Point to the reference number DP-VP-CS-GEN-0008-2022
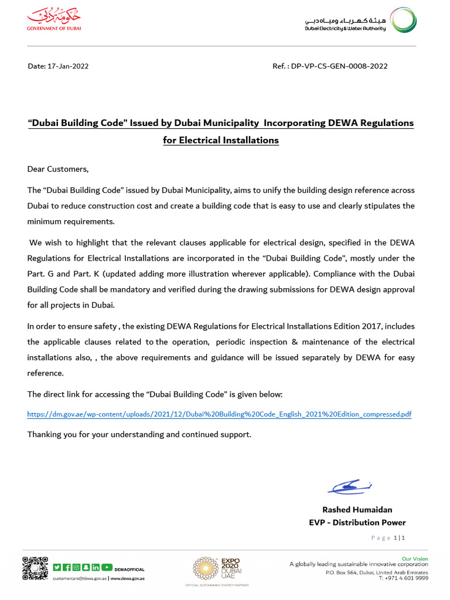point(339,66)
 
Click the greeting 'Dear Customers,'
point(58,169)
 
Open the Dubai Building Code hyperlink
point(219,414)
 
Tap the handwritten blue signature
point(349,486)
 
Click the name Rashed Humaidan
point(357,510)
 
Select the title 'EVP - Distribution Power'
point(357,523)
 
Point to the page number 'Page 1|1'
point(389,538)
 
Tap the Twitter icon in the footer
point(57,567)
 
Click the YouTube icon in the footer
point(107,567)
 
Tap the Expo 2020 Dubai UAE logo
point(216,570)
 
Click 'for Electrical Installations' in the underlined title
point(221,141)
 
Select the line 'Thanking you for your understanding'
point(139,435)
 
